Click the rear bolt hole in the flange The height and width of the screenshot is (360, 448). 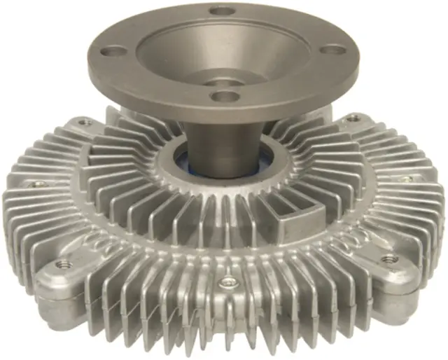(222, 11)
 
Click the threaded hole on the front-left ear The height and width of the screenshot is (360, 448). (63, 264)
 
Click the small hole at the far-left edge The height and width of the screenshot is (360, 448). (36, 184)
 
